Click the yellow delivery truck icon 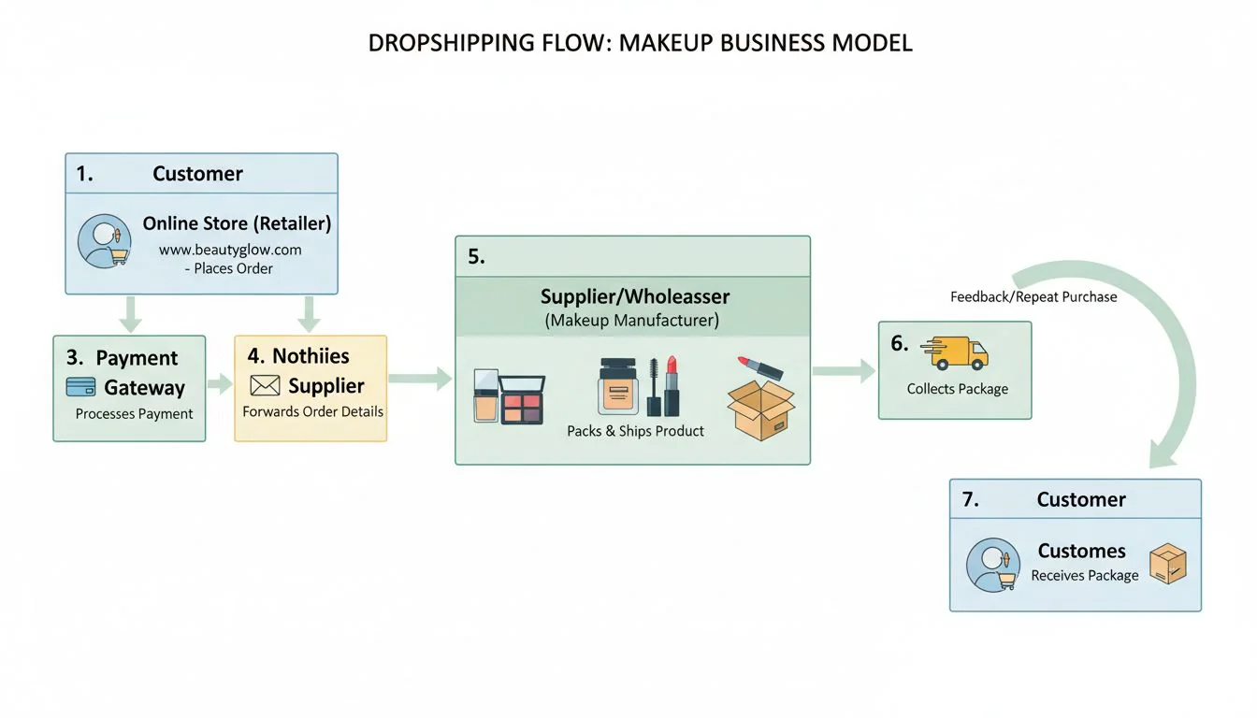pyautogui.click(x=955, y=352)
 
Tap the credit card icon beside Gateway pyautogui.click(x=81, y=387)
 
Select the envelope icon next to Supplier pyautogui.click(x=266, y=385)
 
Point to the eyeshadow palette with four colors pyautogui.click(x=523, y=399)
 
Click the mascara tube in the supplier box pyautogui.click(x=654, y=387)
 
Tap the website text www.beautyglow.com pyautogui.click(x=229, y=250)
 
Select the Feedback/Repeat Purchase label pyautogui.click(x=1033, y=296)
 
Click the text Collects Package pyautogui.click(x=957, y=389)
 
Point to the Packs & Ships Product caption pyautogui.click(x=635, y=431)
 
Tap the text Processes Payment pyautogui.click(x=134, y=413)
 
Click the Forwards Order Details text pyautogui.click(x=312, y=411)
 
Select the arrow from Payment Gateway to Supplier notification pyautogui.click(x=220, y=382)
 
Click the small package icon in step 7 pyautogui.click(x=1167, y=565)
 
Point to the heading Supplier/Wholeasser pyautogui.click(x=635, y=297)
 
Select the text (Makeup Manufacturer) pyautogui.click(x=632, y=321)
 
